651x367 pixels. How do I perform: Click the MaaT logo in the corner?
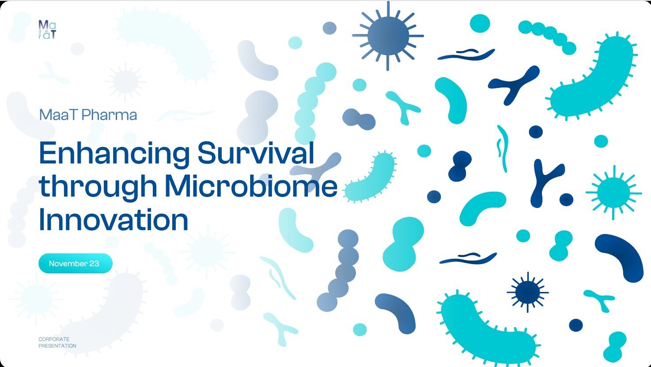[47, 29]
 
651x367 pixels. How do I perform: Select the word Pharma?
[109, 115]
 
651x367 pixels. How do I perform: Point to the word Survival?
[256, 153]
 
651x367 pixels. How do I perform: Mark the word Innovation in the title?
[114, 219]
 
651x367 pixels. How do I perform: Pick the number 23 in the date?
[94, 264]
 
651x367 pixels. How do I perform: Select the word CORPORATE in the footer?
[54, 339]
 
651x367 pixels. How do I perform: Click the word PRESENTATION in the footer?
[57, 346]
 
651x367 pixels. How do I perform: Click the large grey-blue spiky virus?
[388, 36]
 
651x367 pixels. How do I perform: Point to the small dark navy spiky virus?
[527, 292]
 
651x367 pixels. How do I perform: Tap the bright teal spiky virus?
[613, 193]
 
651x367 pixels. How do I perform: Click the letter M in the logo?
[43, 25]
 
